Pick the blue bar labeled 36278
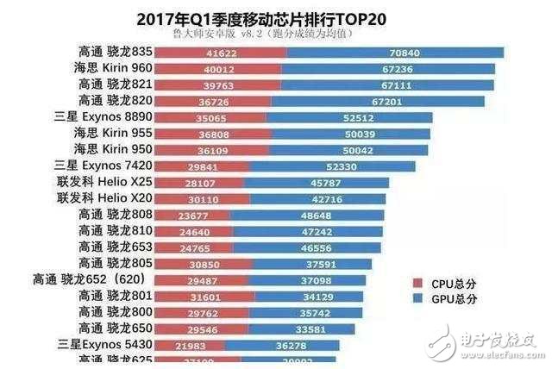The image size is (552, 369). pyautogui.click(x=290, y=344)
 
